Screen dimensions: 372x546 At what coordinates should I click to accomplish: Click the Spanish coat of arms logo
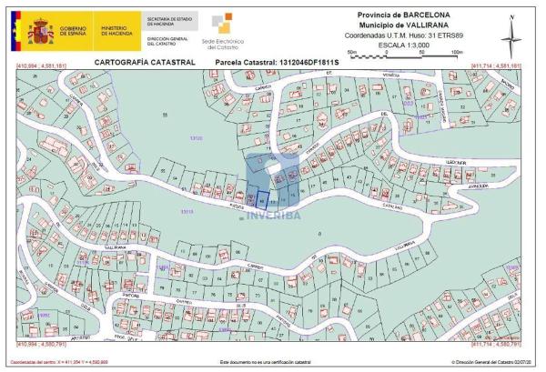pyautogui.click(x=40, y=35)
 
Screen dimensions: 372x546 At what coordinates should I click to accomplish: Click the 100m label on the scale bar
pyautogui.click(x=456, y=54)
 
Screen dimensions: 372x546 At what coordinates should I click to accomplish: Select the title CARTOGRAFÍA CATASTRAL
pyautogui.click(x=139, y=63)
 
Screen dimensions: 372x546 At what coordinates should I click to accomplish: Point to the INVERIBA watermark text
pyautogui.click(x=272, y=216)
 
